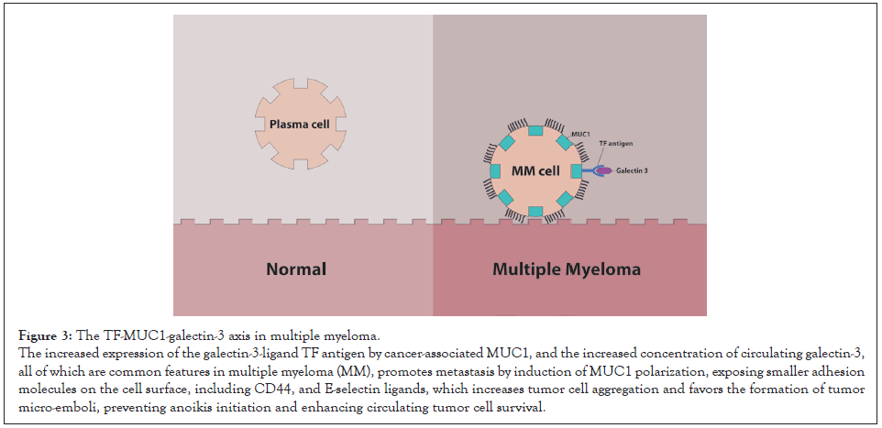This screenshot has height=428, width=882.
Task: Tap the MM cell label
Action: point(536,171)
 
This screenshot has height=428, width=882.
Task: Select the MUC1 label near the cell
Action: point(579,134)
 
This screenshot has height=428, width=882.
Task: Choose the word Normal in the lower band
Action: point(296,270)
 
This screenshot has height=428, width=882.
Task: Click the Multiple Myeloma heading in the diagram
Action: point(566,270)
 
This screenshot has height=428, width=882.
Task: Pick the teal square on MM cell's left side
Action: point(496,171)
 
